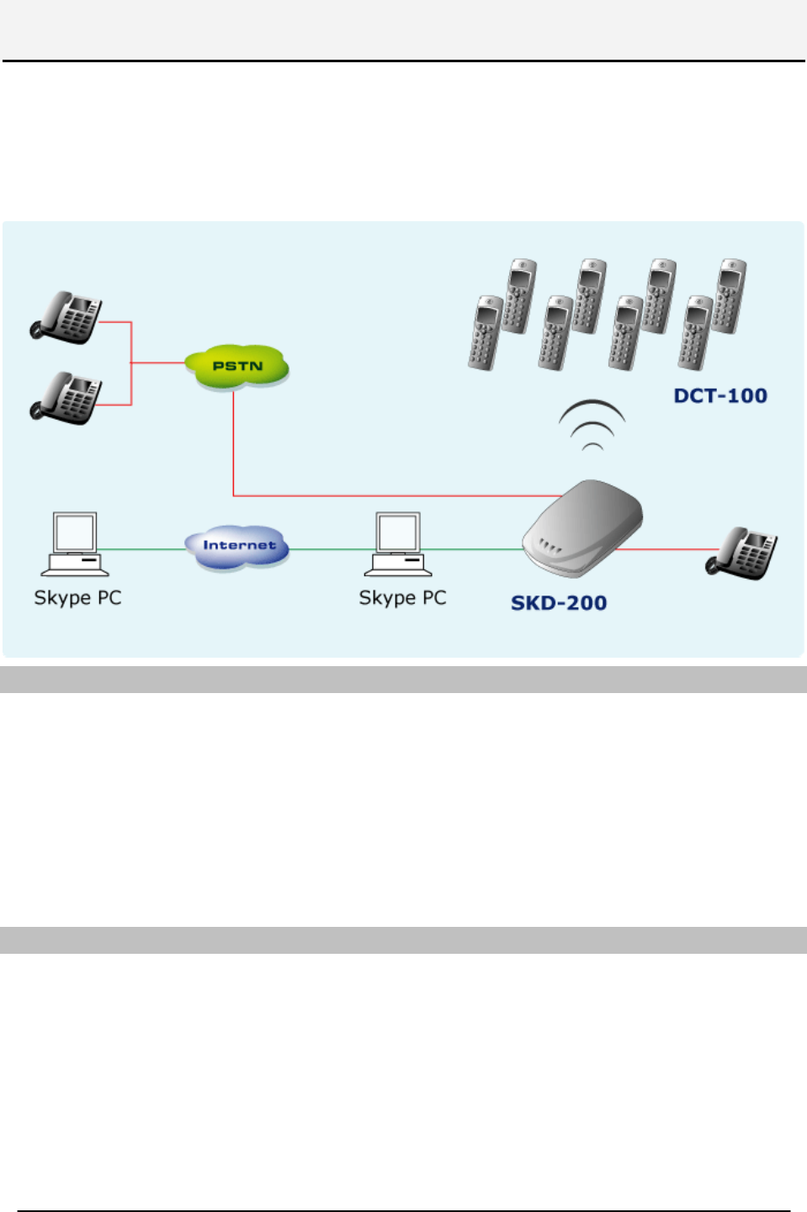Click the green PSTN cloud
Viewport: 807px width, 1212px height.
coord(237,367)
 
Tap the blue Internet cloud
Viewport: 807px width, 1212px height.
coord(238,546)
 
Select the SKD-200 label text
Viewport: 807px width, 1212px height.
coord(559,603)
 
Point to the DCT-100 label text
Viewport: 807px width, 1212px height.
coord(720,395)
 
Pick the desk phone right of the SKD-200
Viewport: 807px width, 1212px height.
coord(741,553)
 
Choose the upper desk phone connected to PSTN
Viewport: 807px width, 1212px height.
coord(67,317)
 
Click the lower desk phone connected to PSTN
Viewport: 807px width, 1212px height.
coord(67,398)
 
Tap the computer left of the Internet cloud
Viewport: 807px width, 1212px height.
coord(75,544)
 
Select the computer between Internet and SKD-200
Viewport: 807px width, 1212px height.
coord(398,544)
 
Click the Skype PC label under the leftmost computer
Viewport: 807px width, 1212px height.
coord(77,598)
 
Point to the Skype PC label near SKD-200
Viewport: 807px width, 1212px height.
coord(402,598)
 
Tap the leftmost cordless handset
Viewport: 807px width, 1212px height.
coord(485,333)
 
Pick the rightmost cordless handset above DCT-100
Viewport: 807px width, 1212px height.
coord(730,295)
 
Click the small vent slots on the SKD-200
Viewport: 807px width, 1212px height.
coord(550,547)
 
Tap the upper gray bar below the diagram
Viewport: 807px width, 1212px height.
coord(403,680)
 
